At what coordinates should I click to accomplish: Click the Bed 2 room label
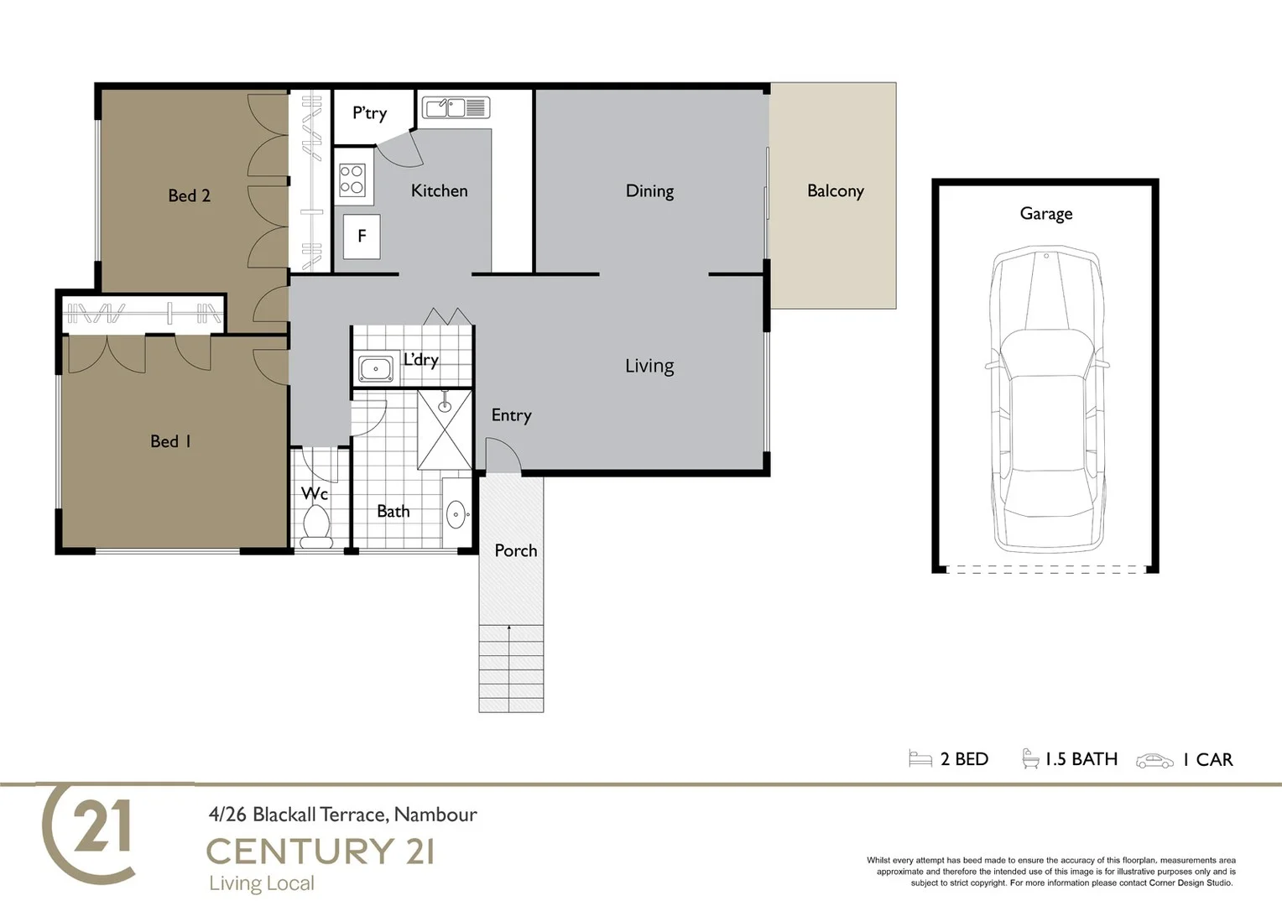[x=189, y=195]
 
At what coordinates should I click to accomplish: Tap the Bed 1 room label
[x=170, y=441]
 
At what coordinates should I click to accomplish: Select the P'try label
[x=369, y=112]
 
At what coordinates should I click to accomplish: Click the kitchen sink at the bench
[x=455, y=107]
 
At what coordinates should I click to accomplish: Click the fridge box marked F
[x=362, y=237]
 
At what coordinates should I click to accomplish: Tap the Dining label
[x=649, y=191]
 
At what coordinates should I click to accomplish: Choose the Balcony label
[x=835, y=191]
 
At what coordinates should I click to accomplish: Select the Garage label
[x=1045, y=214]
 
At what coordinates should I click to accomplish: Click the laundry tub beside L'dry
[x=375, y=368]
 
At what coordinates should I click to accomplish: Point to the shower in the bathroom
[x=445, y=430]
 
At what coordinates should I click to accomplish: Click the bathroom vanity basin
[x=456, y=514]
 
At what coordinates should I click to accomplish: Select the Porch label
[x=515, y=551]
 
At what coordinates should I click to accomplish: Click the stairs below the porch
[x=511, y=669]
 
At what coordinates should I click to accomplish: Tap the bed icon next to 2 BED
[x=920, y=759]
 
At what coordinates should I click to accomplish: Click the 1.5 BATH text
[x=1081, y=759]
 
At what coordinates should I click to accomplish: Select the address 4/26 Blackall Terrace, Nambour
[x=342, y=815]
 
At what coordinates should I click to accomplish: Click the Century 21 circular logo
[x=90, y=832]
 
